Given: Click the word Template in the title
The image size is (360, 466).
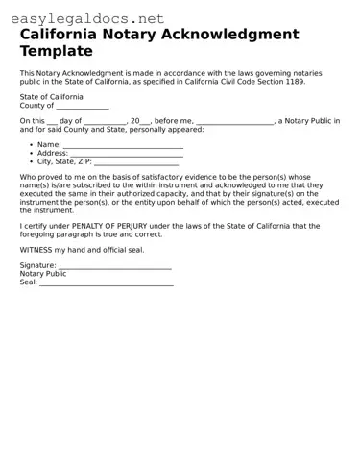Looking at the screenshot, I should tap(57, 50).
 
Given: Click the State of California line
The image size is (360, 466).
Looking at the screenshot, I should tap(51, 97).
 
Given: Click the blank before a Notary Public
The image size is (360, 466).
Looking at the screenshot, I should tap(234, 122).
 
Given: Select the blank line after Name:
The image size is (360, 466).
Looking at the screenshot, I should tap(122, 145).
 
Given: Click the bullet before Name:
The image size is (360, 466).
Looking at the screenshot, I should tap(31, 144).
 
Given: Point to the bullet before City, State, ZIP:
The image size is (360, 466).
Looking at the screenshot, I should tap(31, 161).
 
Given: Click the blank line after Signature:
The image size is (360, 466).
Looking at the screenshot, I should tap(114, 266).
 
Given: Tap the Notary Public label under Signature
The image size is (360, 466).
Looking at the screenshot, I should tap(43, 274).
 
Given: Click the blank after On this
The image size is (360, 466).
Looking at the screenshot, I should tap(51, 122).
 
